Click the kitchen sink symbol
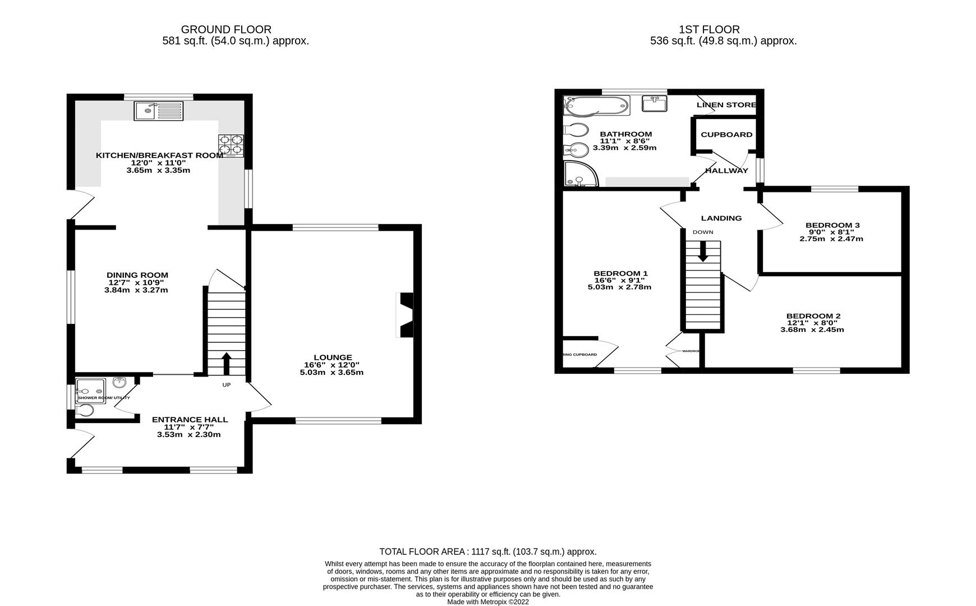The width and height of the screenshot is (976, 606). point(159,111)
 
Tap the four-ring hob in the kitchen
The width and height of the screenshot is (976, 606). point(231,145)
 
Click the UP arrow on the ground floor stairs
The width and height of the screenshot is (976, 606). point(227,363)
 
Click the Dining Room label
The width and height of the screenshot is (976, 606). point(137,275)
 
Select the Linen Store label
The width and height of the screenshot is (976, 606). point(726,105)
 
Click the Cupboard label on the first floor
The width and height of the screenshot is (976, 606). point(726,135)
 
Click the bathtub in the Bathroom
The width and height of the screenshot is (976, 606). point(597,105)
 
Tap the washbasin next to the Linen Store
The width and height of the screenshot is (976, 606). point(653,104)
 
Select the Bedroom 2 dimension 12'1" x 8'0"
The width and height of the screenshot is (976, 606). point(812,323)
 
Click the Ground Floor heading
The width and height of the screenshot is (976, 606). point(226,29)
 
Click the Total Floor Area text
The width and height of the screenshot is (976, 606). point(487,552)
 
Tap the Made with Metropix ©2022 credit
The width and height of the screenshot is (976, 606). point(487,602)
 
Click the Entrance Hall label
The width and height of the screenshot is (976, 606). point(190,419)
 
